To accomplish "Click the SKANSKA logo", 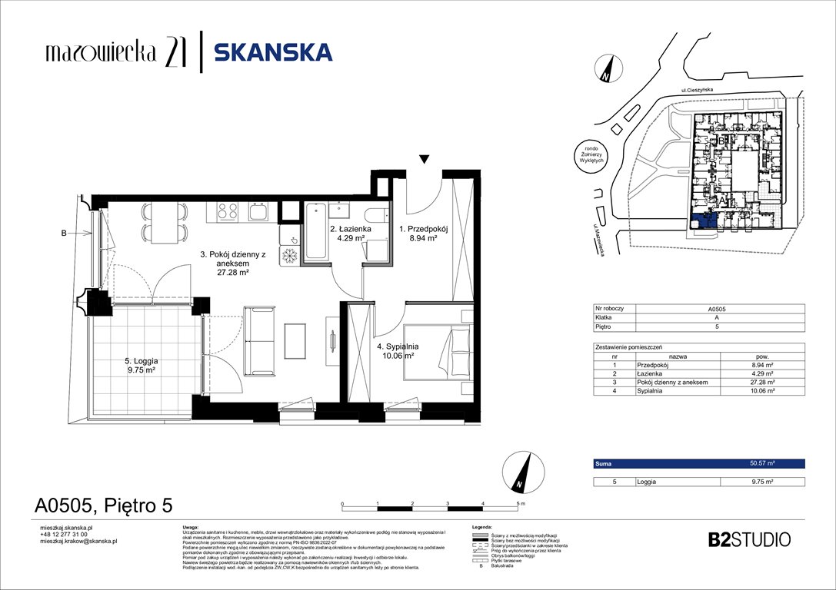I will pyautogui.click(x=272, y=52).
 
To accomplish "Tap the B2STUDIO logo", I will pyautogui.click(x=748, y=539).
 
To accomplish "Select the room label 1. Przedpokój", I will pyautogui.click(x=418, y=234).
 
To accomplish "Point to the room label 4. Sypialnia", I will pyautogui.click(x=395, y=350).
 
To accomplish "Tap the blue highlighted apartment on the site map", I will pyautogui.click(x=704, y=222).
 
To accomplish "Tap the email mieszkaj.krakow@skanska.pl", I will pyautogui.click(x=78, y=542).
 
